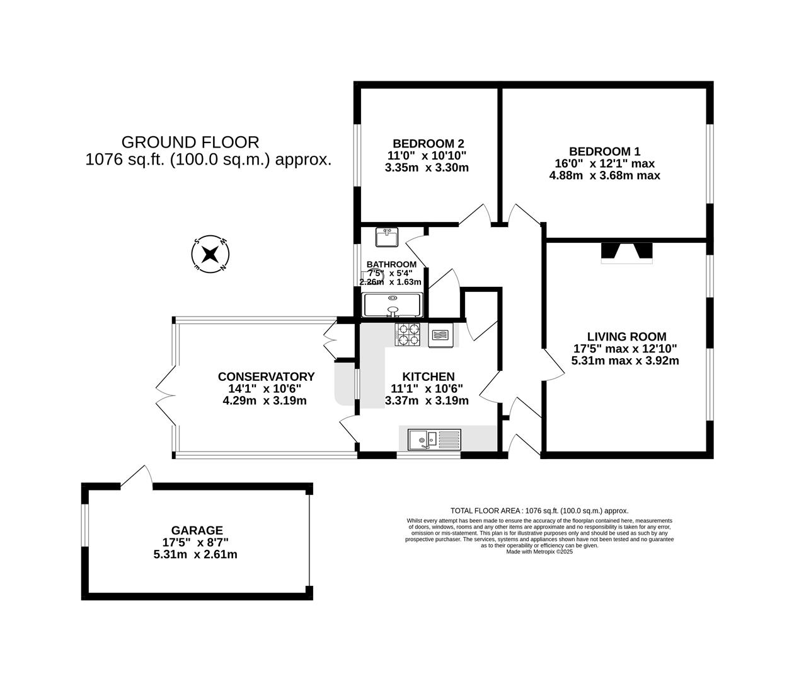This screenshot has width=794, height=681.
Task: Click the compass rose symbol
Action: tap(210, 255)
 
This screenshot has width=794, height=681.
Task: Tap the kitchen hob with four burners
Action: tap(408, 334)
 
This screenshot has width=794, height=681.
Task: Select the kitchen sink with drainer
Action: tap(434, 439)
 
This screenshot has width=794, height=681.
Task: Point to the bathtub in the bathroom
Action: tap(393, 305)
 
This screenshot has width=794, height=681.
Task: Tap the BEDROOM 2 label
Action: tap(429, 143)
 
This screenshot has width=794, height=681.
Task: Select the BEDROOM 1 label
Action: tap(604, 151)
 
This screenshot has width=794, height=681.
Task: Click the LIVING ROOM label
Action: tap(626, 337)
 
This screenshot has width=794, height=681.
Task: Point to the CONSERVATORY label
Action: tap(266, 376)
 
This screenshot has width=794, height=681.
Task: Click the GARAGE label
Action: tap(197, 530)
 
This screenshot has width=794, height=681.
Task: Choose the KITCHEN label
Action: tap(428, 376)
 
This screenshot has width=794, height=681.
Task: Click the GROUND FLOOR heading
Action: tap(190, 143)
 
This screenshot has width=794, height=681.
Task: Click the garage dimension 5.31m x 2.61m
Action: tap(195, 555)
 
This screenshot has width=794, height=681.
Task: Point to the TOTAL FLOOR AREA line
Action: tap(539, 511)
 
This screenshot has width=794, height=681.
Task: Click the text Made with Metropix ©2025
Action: tap(539, 552)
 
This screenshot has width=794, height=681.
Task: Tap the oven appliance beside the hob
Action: tap(440, 335)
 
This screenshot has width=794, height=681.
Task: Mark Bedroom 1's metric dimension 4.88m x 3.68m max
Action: tap(604, 176)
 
